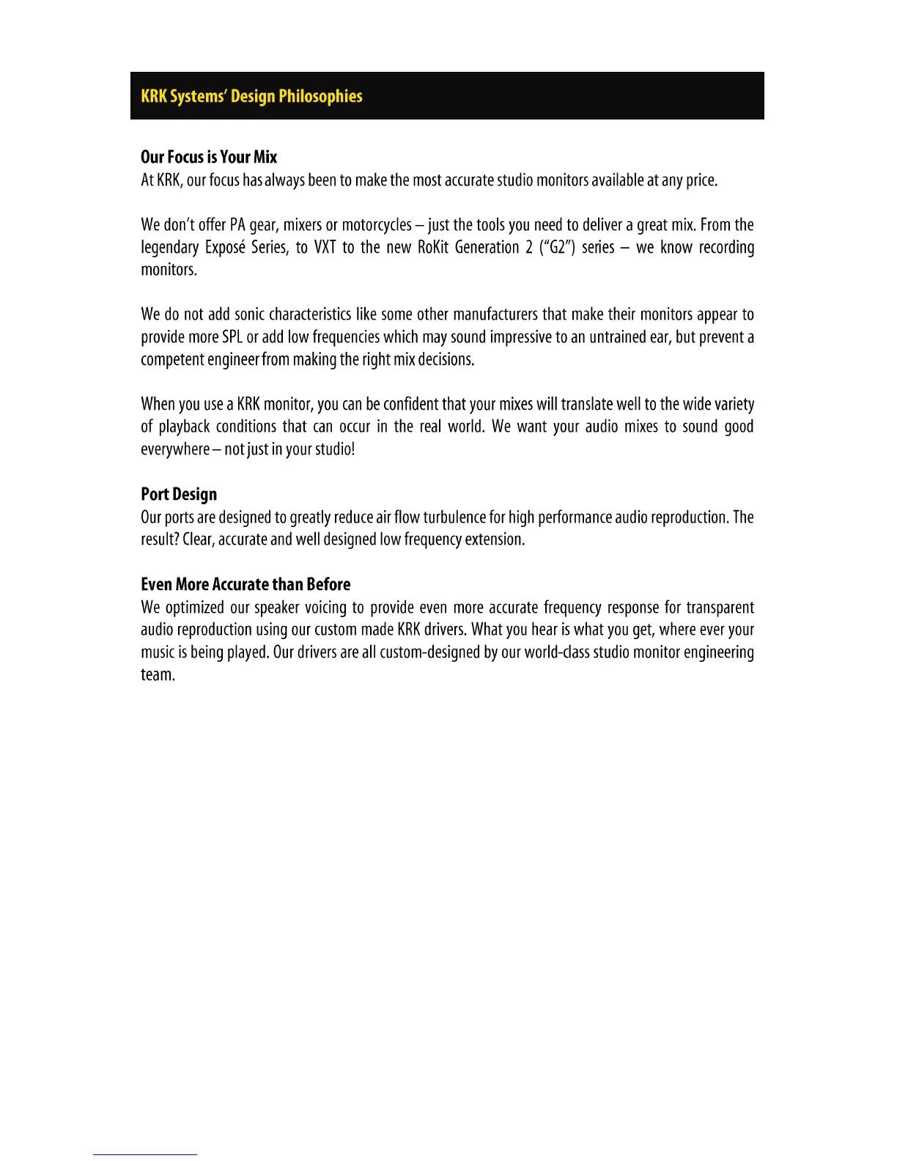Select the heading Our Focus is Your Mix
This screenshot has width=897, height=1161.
[209, 157]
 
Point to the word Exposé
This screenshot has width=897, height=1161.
[225, 247]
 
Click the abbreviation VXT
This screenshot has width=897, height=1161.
[325, 247]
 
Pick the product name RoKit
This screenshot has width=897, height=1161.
[432, 247]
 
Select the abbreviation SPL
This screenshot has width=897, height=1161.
[232, 337]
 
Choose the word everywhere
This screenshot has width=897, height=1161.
[174, 449]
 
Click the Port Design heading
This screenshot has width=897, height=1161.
[179, 494]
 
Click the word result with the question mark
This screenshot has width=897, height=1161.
[160, 539]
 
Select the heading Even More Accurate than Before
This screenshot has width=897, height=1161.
[246, 584]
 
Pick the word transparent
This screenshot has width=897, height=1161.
[720, 608]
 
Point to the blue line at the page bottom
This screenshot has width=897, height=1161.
[144, 1154]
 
